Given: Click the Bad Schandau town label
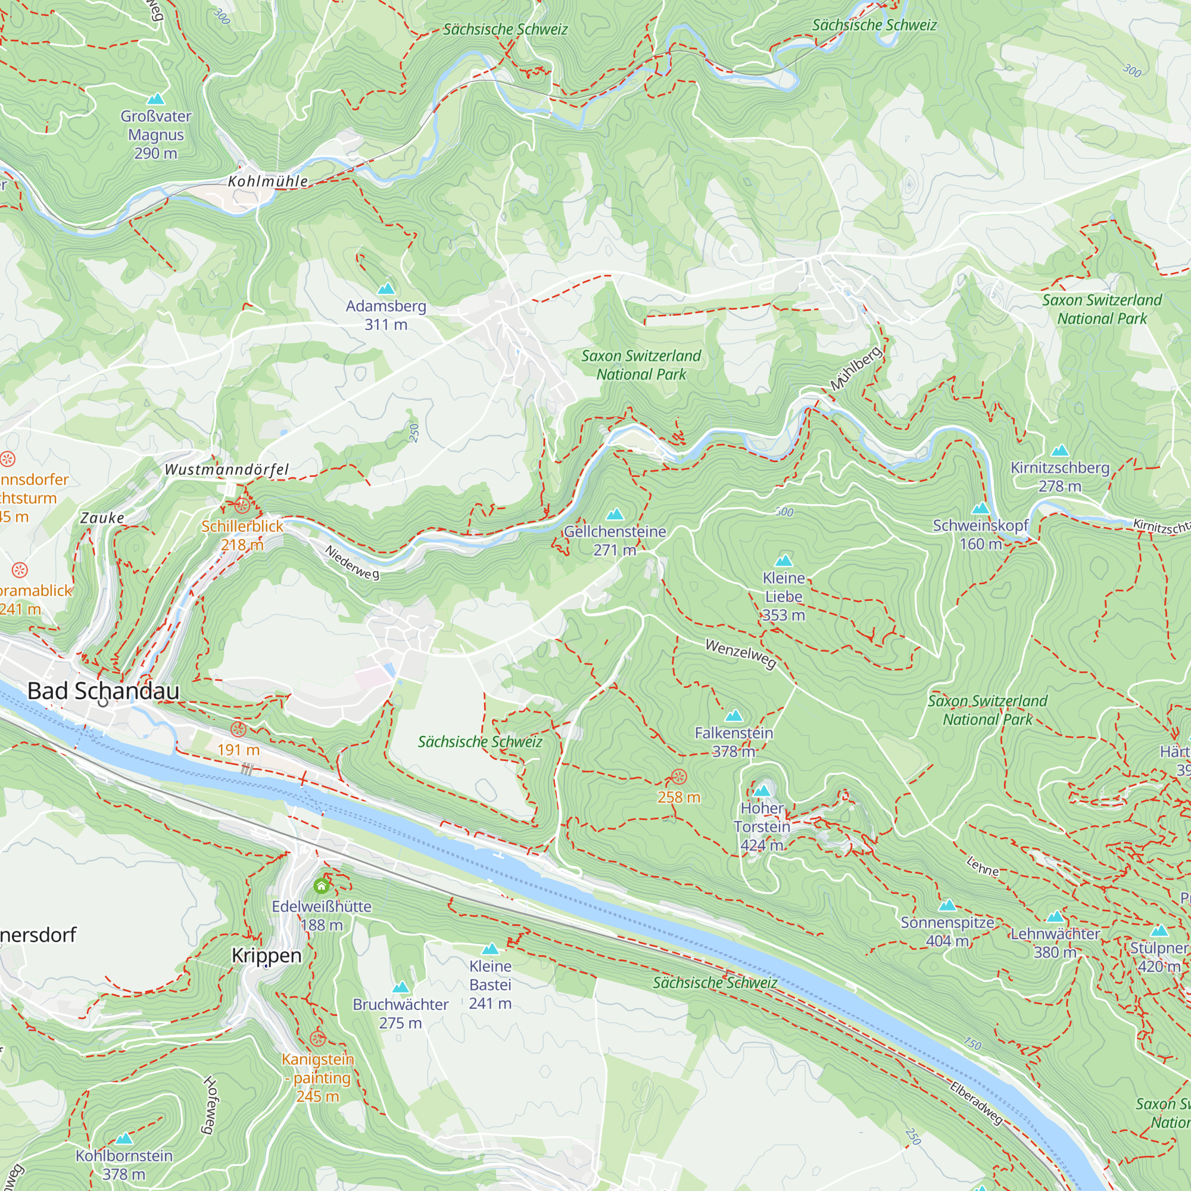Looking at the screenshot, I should (104, 691).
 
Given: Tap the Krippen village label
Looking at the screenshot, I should (266, 956).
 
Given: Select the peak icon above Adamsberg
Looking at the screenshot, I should (386, 288).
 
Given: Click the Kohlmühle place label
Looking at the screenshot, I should (268, 181).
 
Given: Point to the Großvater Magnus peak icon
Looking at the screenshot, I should (156, 99).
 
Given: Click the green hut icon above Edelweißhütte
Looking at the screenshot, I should (321, 887).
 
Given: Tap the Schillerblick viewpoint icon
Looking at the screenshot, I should (242, 506).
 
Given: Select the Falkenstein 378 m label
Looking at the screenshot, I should (734, 741).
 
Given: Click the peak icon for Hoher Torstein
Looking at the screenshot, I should (762, 791).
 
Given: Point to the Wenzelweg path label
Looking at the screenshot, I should (740, 653).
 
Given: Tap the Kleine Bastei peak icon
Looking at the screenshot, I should (490, 949).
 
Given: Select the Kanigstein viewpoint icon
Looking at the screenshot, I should (317, 1039).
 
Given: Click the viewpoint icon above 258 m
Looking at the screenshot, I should (679, 777).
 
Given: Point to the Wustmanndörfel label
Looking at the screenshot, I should (226, 470).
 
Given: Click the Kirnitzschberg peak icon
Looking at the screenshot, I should (1060, 451).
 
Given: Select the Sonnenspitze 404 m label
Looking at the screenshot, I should (947, 931).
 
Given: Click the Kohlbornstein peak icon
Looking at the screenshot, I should (124, 1138).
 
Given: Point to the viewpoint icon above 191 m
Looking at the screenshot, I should (239, 729).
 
